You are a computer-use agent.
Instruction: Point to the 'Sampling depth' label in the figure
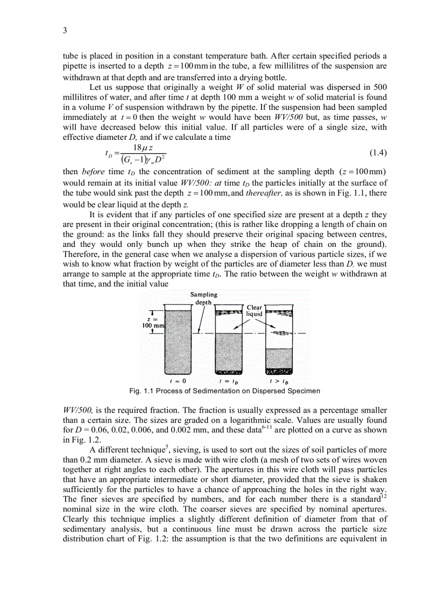[204, 298]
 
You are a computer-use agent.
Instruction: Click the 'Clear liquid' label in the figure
[254, 311]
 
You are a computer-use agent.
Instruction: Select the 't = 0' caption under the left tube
[178, 380]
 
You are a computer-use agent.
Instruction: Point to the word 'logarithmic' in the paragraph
[218, 421]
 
